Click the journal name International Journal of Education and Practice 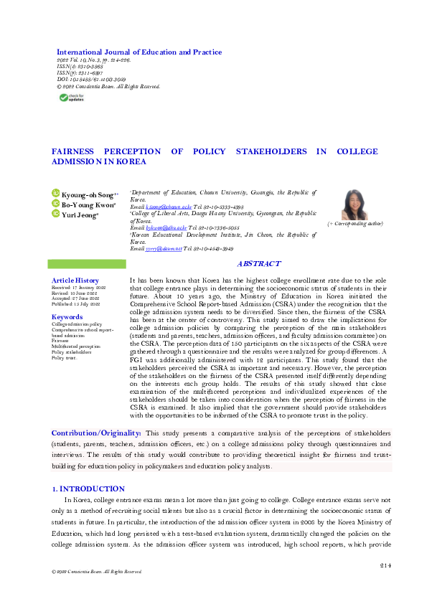coord(139,52)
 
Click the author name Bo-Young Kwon coord(89,204)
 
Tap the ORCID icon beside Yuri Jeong coord(55,214)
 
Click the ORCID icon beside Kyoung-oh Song coord(55,194)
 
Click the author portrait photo coord(355,204)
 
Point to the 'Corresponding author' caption coord(355,225)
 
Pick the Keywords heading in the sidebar coord(67,316)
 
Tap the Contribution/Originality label coord(96,433)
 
